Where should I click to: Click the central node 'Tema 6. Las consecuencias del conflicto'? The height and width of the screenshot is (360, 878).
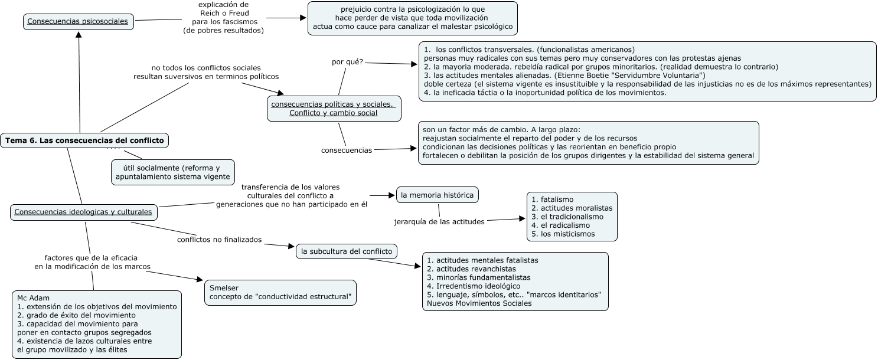85,140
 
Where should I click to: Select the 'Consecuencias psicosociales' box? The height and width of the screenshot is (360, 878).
77,21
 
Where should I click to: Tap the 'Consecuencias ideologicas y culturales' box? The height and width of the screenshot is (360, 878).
84,212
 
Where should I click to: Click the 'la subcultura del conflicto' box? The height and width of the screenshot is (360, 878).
347,251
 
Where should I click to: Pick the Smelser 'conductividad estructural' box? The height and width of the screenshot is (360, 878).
280,291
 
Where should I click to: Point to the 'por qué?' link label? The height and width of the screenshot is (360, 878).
347,61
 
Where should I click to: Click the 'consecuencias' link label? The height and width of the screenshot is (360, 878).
347,150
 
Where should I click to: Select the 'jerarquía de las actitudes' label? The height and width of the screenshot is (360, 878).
439,221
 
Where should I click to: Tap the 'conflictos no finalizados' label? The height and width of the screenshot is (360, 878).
219,240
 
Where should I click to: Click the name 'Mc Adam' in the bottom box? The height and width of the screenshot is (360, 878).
34,297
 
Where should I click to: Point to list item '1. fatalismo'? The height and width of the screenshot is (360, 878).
553,199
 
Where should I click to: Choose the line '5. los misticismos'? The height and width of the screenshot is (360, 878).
563,234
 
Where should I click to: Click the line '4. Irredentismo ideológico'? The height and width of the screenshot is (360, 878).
469,286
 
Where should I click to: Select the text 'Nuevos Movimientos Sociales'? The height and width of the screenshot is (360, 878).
479,303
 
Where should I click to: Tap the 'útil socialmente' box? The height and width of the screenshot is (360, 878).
172,172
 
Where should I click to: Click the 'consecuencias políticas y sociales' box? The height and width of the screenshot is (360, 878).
334,109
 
